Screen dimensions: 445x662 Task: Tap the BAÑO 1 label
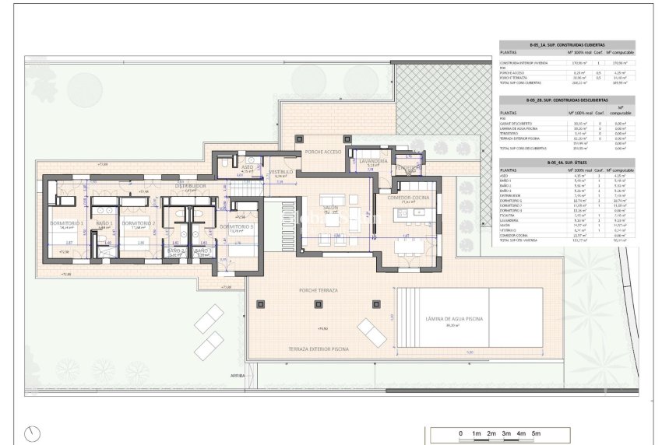(105, 224)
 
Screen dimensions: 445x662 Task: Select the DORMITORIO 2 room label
(143, 224)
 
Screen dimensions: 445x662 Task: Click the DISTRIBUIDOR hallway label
(189, 187)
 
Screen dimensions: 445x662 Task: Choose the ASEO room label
(247, 167)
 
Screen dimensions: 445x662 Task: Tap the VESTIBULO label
(281, 172)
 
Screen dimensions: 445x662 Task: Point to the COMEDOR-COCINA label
(410, 198)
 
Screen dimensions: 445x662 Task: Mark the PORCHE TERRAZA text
(319, 290)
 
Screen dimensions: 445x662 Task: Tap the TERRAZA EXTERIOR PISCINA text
(319, 349)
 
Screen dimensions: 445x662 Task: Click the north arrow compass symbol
(31, 432)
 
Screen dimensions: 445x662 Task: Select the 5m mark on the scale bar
(536, 433)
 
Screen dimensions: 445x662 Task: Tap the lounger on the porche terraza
(372, 333)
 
